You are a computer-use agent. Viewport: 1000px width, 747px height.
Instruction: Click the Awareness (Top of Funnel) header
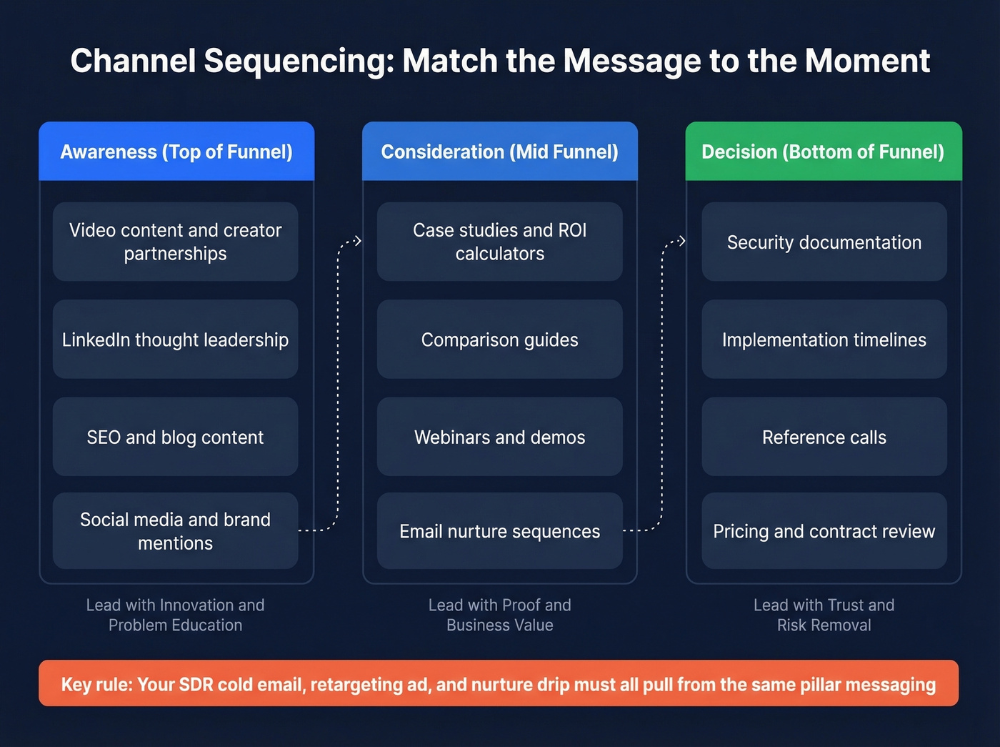176,152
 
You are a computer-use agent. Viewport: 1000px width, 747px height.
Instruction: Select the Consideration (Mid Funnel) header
499,152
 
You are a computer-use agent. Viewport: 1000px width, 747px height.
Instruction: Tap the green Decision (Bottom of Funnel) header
823,152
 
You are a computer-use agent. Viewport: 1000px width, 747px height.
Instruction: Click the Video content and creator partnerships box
175,242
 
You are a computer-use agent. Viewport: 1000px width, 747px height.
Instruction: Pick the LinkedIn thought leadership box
175,340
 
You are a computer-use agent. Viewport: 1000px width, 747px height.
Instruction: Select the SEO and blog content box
175,437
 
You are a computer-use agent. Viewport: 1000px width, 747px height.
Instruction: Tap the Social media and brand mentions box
175,531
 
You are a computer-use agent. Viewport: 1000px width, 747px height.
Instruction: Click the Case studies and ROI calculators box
499,242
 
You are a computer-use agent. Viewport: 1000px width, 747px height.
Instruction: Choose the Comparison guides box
499,340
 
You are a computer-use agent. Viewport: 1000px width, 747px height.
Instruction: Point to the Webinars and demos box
499,437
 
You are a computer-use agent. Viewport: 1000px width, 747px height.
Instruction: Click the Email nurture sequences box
499,531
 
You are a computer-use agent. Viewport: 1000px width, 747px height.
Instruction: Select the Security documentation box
824,242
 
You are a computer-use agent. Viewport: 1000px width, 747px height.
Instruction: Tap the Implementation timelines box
824,340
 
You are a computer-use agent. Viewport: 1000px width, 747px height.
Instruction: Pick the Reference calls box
824,437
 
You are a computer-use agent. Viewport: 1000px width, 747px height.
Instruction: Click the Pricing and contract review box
824,531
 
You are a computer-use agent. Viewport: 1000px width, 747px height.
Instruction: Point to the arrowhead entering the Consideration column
358,241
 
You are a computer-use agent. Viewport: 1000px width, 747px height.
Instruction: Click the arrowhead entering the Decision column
681,241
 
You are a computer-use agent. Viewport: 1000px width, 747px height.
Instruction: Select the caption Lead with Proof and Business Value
499,615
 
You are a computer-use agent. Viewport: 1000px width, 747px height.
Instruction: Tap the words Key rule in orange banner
96,684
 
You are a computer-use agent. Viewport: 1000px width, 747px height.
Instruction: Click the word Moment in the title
867,61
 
